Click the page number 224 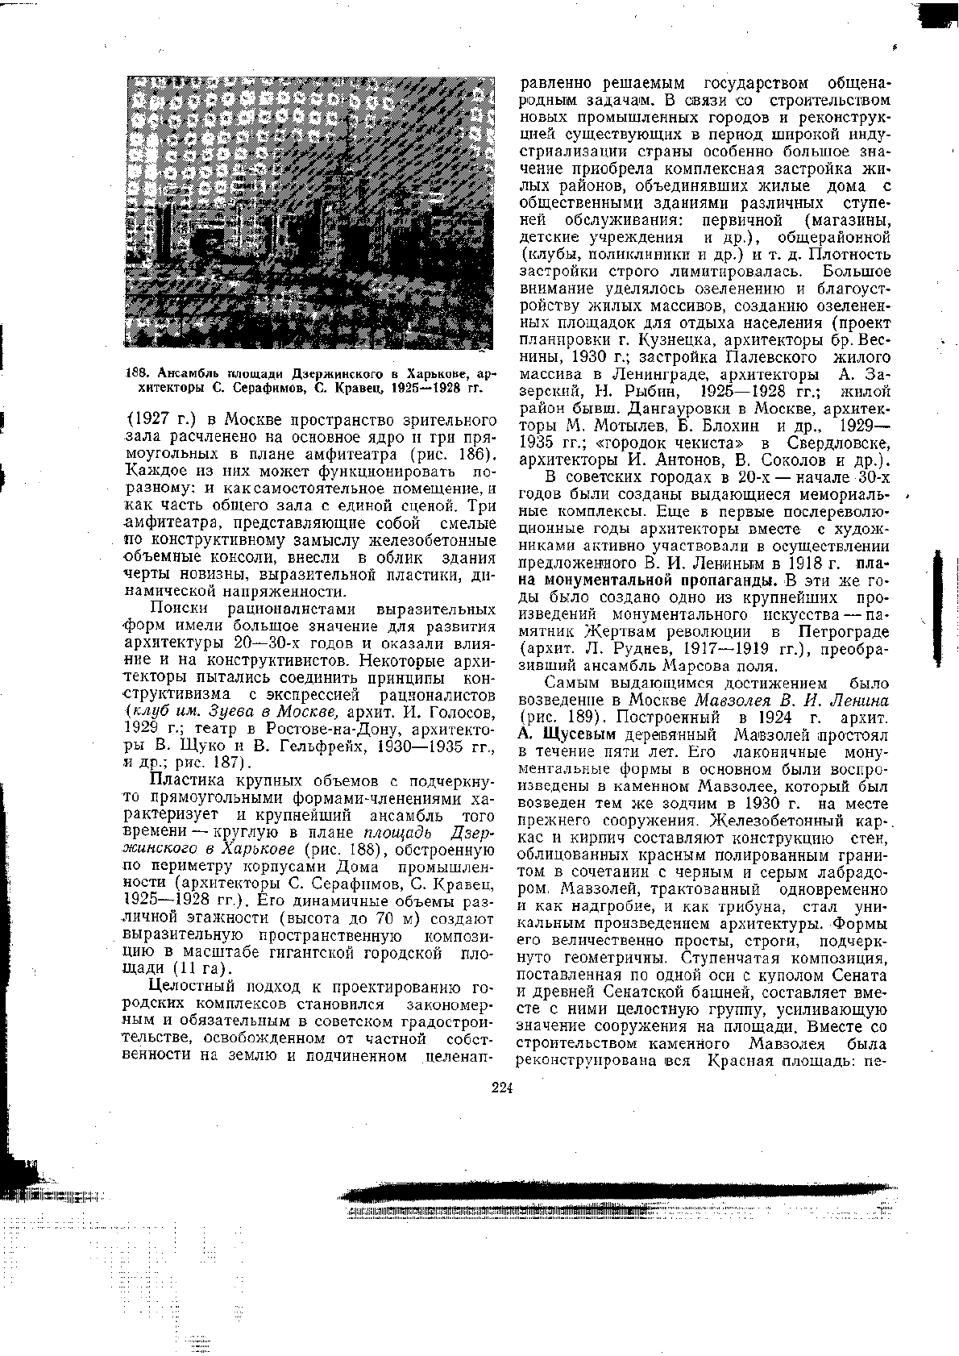tap(502, 1088)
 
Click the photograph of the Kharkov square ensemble tap(310, 213)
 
